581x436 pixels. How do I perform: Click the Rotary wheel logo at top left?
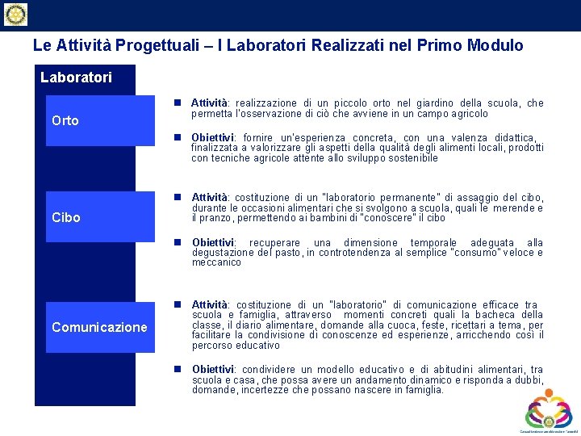tap(15, 15)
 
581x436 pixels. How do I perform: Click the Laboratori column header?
tap(77, 78)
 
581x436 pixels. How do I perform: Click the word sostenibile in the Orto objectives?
tap(412, 158)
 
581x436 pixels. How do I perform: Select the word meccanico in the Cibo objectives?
tap(216, 262)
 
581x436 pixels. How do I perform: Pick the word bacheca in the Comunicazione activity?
tap(499, 315)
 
